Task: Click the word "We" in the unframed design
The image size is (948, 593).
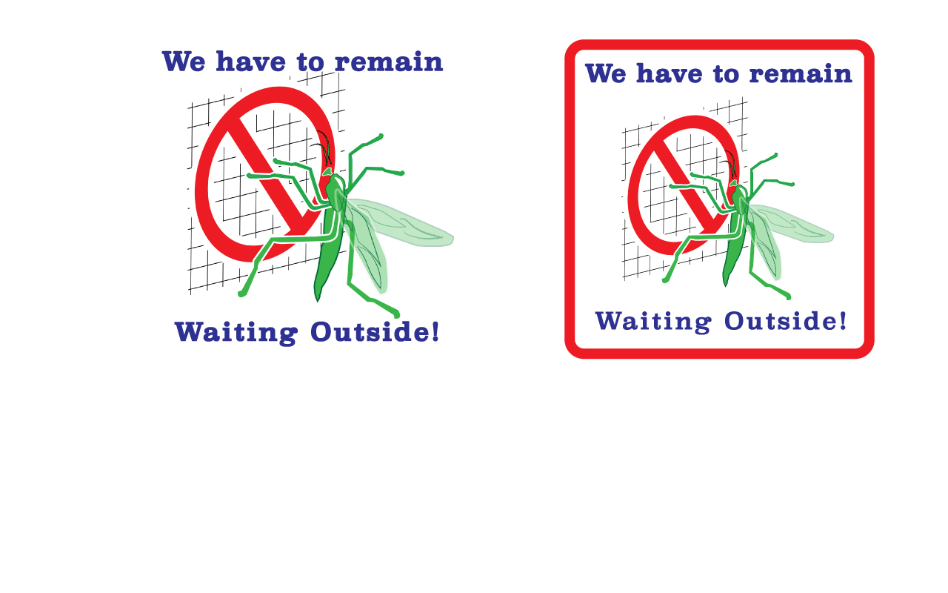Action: coord(184,62)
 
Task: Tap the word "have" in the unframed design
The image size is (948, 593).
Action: coord(251,62)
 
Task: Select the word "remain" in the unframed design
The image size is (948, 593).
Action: coord(389,62)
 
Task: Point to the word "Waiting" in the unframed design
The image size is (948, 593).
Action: coord(236,333)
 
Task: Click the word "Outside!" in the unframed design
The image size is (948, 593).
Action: coord(375,331)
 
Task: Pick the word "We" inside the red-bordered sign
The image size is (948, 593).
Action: coord(606,73)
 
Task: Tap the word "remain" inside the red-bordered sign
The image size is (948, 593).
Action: coord(801,73)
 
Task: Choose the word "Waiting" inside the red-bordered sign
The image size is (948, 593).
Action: coord(653,322)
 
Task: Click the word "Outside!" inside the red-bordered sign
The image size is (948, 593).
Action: coord(786,321)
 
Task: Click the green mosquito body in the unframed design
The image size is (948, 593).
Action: coord(330,237)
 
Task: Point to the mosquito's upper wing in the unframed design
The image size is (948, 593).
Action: coord(400,222)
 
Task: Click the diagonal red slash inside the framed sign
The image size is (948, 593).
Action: coord(687,178)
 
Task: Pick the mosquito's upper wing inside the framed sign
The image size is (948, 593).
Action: coord(790,225)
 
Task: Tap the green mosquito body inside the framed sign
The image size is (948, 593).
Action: coord(735,236)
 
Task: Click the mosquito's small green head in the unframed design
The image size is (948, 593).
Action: coord(327,171)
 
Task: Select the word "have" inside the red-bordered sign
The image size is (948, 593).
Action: coord(670,73)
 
